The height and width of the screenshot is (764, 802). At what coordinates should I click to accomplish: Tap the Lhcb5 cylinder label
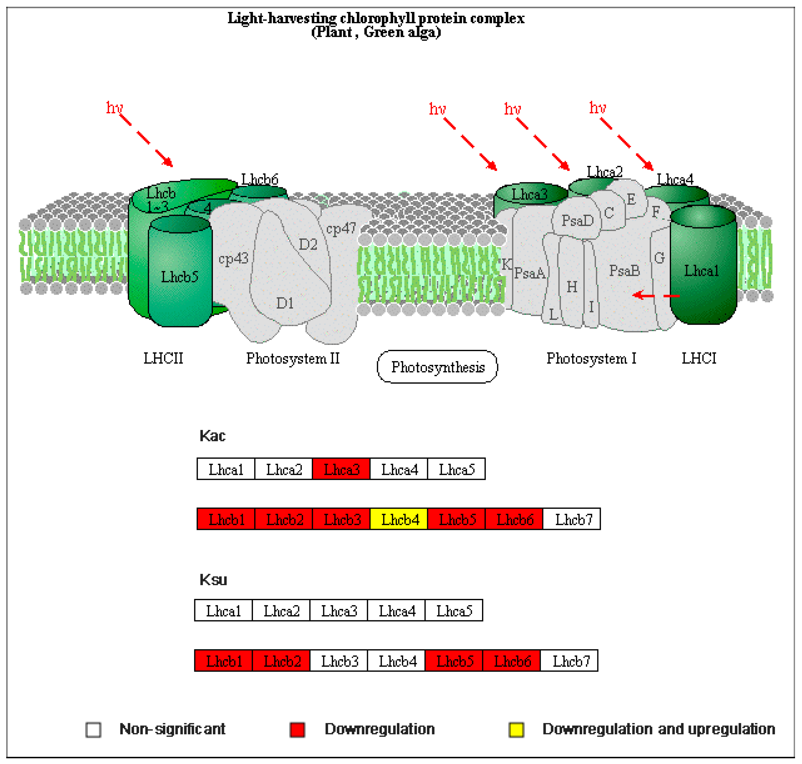point(180,277)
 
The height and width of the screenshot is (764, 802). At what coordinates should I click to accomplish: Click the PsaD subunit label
point(577,221)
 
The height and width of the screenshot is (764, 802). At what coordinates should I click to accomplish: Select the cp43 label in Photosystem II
point(233,258)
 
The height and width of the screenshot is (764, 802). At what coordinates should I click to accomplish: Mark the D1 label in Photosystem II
point(285,303)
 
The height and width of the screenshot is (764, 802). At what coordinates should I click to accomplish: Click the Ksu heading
point(213,579)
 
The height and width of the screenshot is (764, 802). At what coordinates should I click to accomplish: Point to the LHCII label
point(163,358)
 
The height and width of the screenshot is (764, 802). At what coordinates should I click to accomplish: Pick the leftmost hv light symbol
point(114,108)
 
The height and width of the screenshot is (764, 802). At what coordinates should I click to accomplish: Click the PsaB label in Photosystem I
point(624,270)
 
